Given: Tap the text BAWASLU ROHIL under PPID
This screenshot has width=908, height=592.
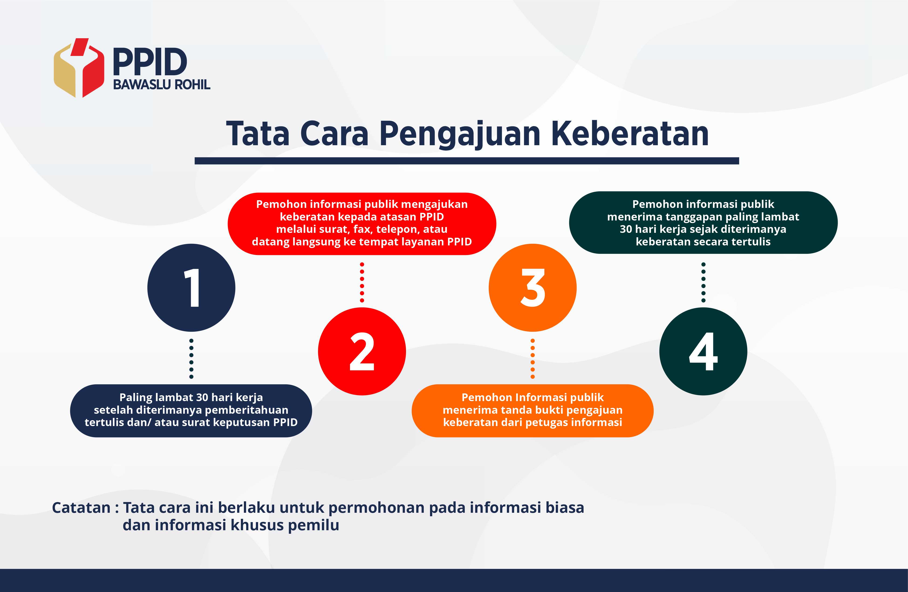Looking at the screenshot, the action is (x=162, y=84).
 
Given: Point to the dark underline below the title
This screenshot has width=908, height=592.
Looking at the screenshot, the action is (x=467, y=161).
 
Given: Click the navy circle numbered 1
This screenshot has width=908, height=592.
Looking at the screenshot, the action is (x=191, y=287).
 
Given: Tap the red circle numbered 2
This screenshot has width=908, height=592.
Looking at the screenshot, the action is (x=362, y=351).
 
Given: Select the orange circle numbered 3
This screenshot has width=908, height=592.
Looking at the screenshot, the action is (x=533, y=287).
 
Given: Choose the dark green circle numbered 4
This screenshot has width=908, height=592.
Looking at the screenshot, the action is (x=703, y=351).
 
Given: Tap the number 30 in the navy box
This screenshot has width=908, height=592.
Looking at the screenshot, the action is (x=201, y=397).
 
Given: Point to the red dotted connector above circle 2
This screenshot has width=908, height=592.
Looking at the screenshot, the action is (x=362, y=282).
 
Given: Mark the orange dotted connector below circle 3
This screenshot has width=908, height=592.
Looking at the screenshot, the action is (x=533, y=358).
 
